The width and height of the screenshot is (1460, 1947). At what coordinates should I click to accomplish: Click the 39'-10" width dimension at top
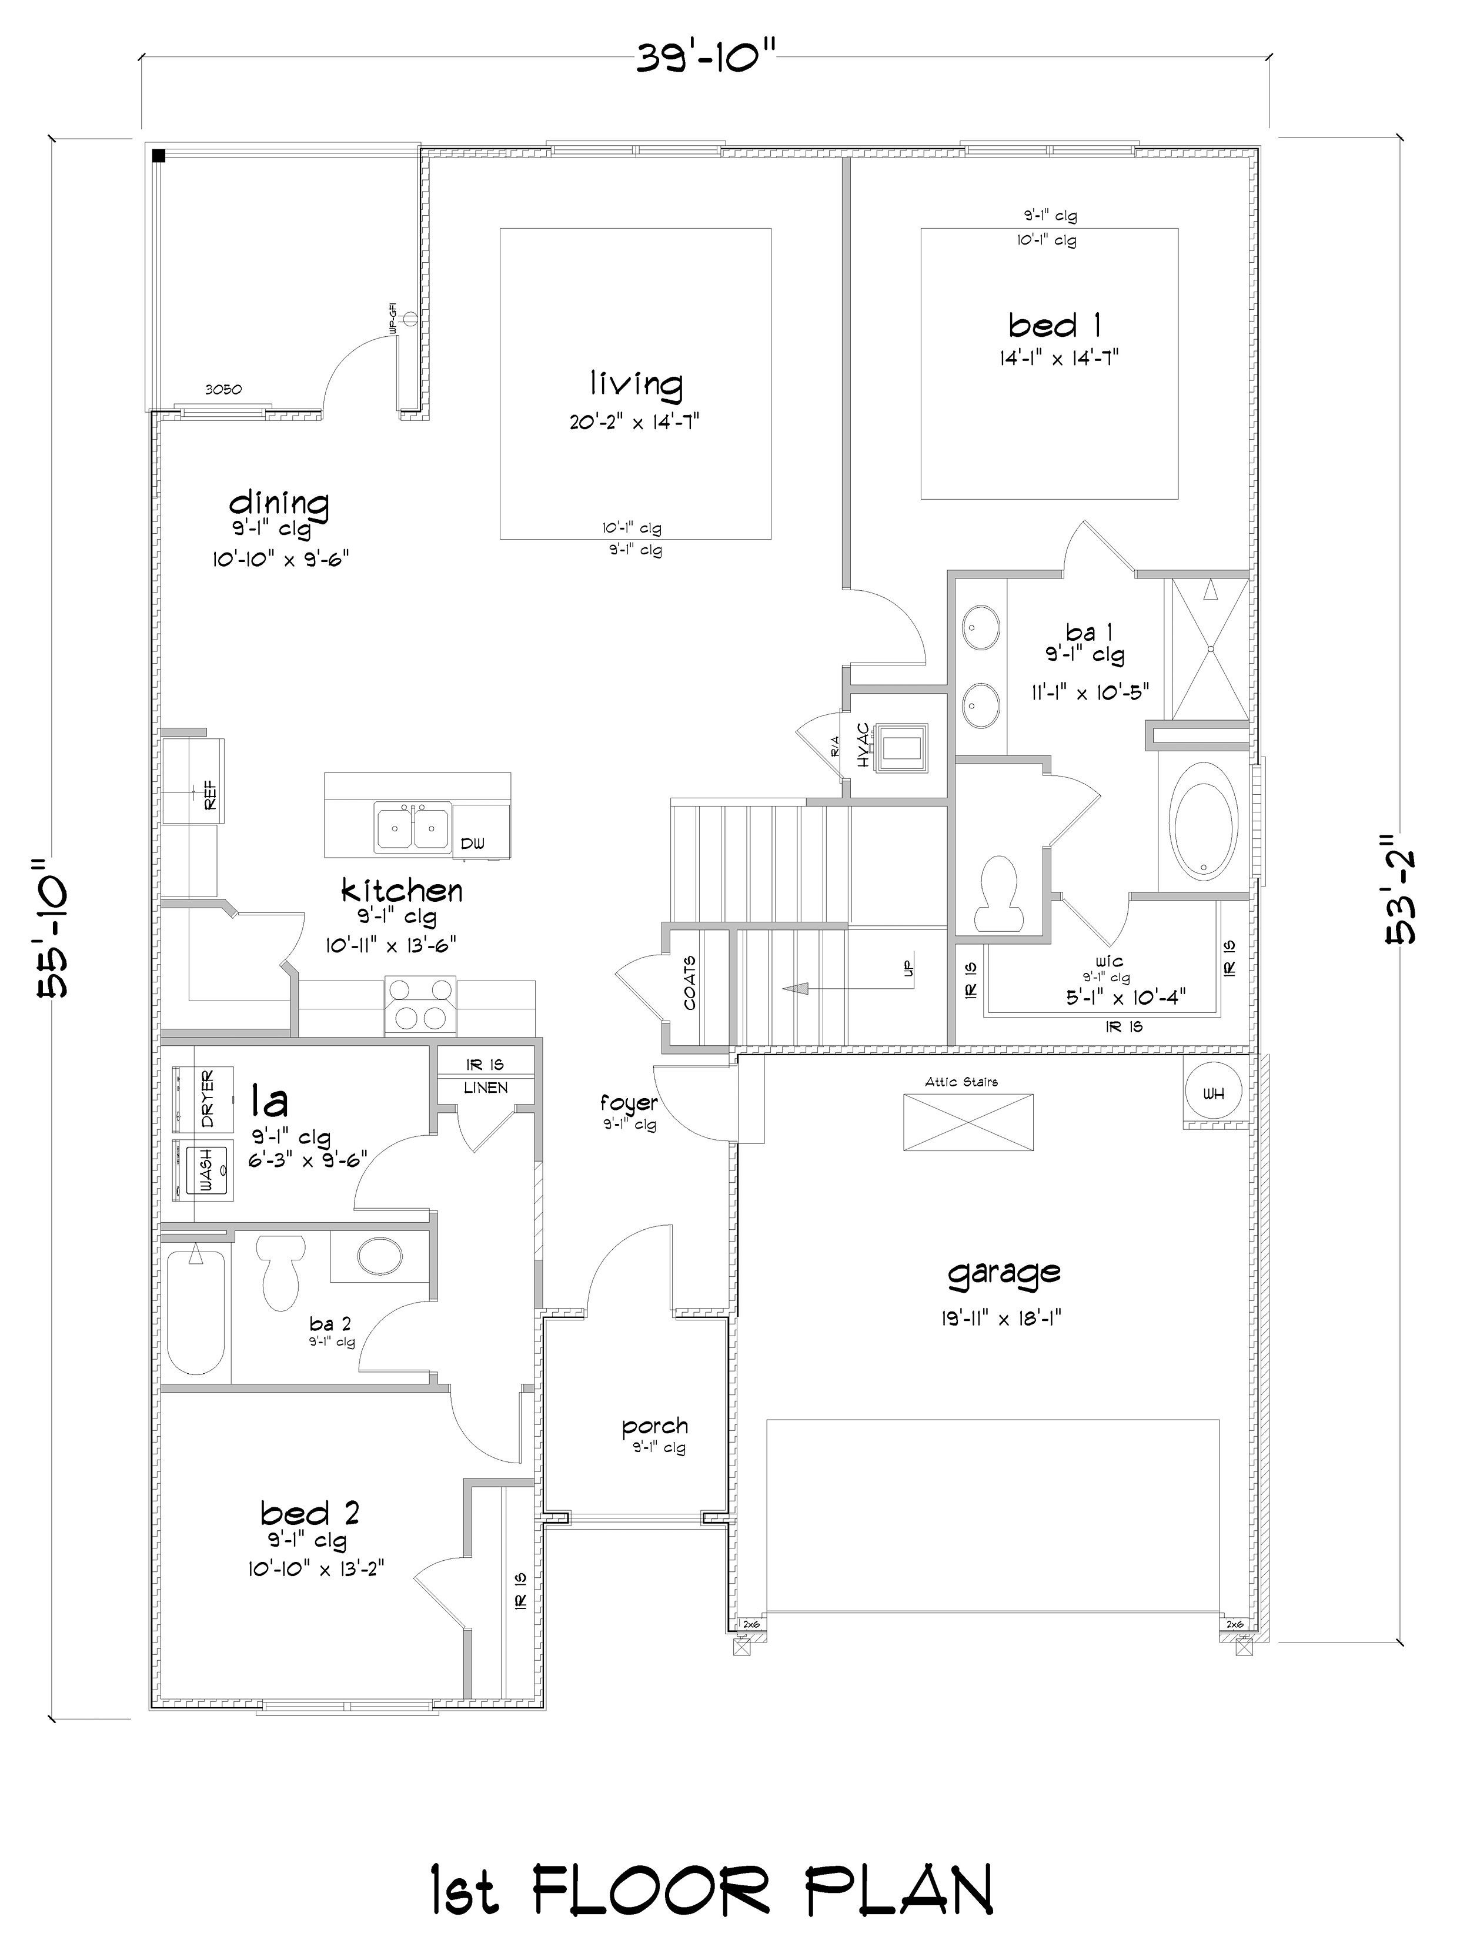click(x=704, y=60)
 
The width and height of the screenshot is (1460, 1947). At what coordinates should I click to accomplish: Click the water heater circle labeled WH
click(x=1214, y=1093)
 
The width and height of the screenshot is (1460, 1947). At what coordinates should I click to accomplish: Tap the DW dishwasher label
click(x=472, y=843)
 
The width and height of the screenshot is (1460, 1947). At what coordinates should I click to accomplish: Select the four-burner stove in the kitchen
click(x=420, y=1005)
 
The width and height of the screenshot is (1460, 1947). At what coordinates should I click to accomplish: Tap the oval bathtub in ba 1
click(x=1203, y=820)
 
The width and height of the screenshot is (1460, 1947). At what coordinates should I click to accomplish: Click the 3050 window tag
click(x=223, y=389)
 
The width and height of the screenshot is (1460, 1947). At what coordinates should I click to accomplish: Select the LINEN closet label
click(x=485, y=1088)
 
